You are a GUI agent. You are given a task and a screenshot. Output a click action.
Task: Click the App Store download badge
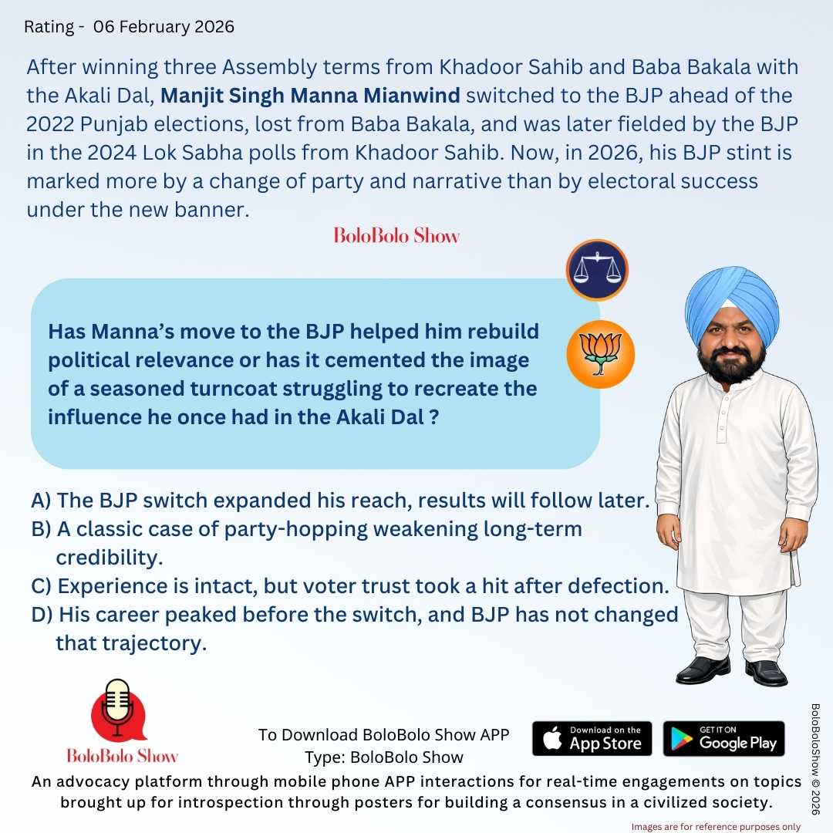point(592,738)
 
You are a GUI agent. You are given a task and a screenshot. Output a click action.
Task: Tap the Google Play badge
point(723,738)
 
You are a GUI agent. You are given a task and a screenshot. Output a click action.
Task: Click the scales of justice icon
point(597,270)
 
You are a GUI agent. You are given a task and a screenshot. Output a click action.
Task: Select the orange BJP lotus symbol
point(600,355)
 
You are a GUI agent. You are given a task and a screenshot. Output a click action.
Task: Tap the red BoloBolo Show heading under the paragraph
point(396,235)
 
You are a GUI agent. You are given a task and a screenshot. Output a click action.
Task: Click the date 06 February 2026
point(164,27)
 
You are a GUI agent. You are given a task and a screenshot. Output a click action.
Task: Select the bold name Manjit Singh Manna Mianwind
point(310,96)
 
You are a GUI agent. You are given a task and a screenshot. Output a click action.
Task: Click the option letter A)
point(41,500)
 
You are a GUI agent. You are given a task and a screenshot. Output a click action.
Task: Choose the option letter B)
point(41,529)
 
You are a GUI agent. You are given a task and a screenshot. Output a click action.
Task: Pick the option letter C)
point(42,585)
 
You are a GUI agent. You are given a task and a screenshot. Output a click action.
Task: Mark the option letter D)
point(42,615)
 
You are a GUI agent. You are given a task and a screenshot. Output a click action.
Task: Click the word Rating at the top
point(50,27)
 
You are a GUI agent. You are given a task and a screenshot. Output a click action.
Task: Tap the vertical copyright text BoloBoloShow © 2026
point(816,764)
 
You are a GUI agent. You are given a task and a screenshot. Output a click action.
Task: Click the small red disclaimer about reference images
point(716,827)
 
